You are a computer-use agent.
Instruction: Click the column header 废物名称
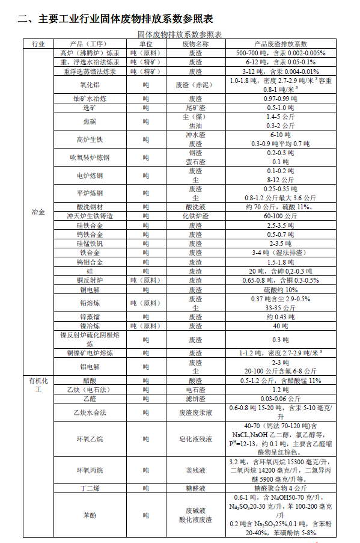(195, 44)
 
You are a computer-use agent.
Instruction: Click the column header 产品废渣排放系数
(281, 44)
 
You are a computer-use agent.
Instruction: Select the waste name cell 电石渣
(195, 389)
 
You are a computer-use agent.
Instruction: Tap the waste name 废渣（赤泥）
(195, 85)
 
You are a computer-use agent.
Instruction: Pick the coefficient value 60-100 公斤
(281, 215)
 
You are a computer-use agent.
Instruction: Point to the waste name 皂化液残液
(195, 439)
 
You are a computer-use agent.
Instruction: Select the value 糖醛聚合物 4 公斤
(281, 488)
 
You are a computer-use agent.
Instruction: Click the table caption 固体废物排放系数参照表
(180, 35)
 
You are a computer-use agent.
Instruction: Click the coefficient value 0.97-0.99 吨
(281, 98)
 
